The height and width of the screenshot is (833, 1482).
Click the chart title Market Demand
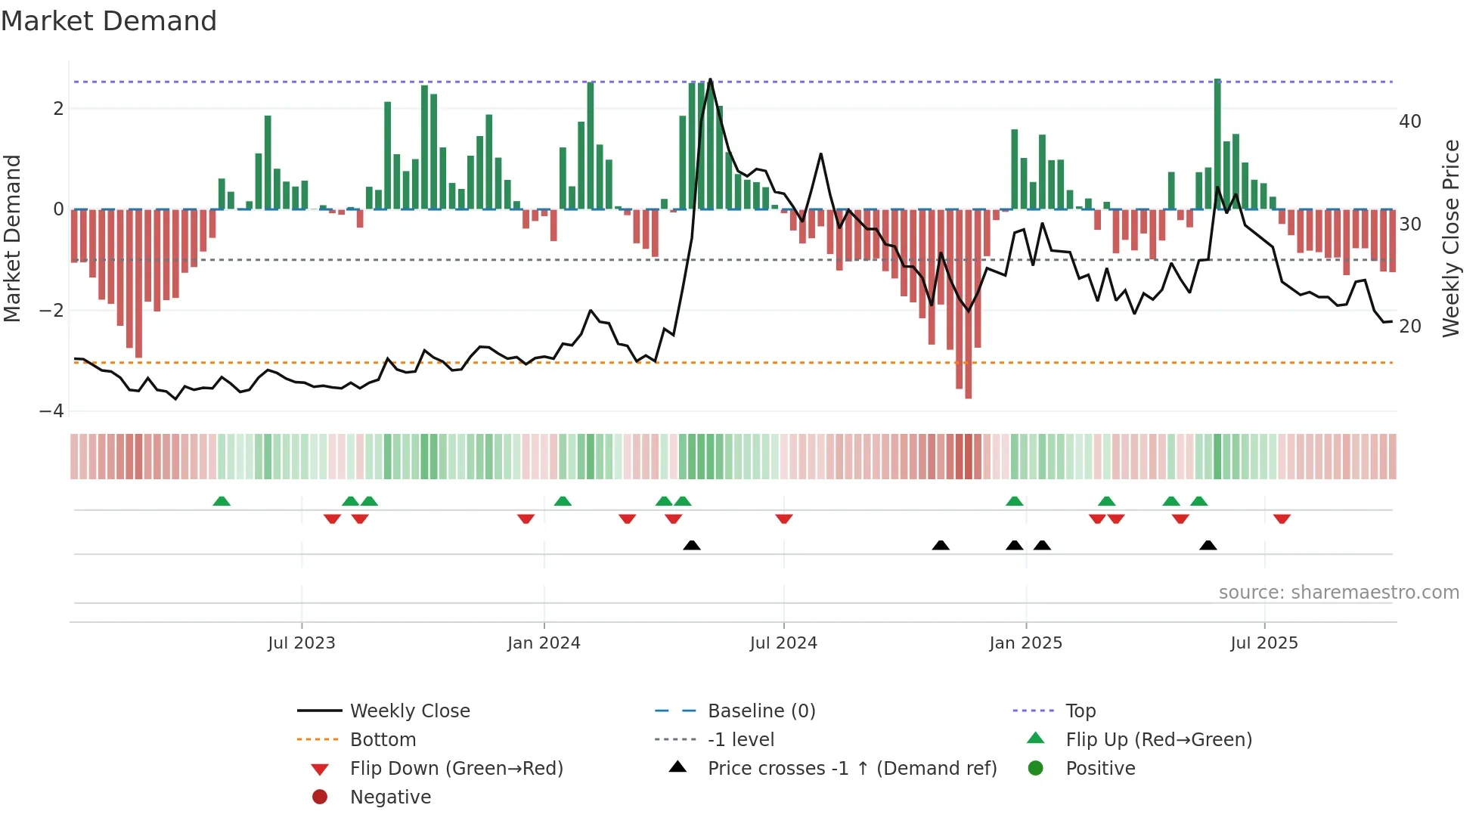point(109,21)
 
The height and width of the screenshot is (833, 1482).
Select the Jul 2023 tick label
point(301,643)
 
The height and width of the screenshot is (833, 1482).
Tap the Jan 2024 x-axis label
point(544,643)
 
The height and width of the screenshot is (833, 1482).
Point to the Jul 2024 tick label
point(783,643)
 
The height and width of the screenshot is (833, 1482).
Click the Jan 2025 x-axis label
point(1025,643)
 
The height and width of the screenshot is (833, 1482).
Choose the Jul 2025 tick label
point(1264,643)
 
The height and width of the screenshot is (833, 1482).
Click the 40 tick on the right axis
point(1410,122)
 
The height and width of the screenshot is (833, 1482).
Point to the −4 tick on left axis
point(52,411)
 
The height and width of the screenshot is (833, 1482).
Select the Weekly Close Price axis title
point(1450,238)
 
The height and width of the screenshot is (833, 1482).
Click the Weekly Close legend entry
point(409,711)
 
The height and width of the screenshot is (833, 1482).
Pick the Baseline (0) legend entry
point(761,711)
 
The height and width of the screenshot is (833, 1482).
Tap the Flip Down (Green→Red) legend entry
point(456,769)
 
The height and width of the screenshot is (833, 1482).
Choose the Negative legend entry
point(390,797)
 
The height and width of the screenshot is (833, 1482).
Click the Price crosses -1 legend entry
point(851,769)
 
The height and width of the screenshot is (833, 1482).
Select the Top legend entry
point(1080,711)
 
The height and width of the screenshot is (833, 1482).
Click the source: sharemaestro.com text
point(1338,593)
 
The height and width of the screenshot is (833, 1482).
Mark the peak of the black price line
point(710,79)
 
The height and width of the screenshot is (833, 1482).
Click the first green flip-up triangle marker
point(221,501)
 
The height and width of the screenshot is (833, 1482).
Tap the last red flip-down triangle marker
point(1282,519)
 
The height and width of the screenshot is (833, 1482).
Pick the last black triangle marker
point(1208,545)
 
